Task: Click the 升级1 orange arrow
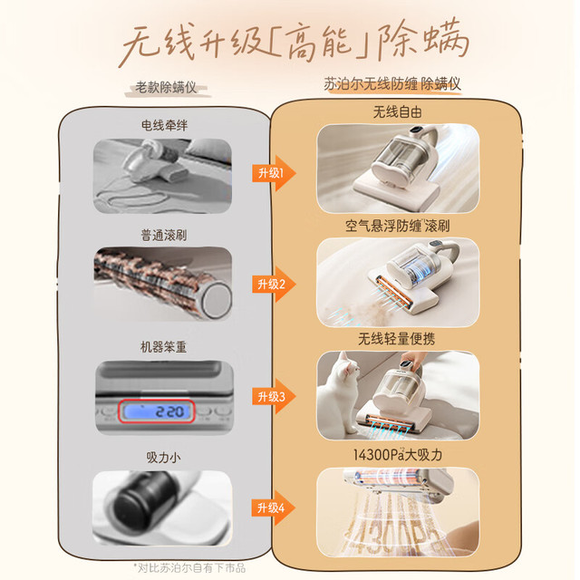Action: point(274,173)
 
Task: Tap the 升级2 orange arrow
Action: point(274,284)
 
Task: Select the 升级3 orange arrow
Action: point(274,397)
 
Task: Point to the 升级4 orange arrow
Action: point(274,507)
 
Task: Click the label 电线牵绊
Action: point(164,126)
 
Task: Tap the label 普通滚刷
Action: point(163,236)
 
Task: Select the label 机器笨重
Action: point(163,347)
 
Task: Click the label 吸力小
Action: point(163,458)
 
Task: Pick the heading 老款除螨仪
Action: point(166,88)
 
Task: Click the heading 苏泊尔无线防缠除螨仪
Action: point(392,84)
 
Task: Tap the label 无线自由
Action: point(398,112)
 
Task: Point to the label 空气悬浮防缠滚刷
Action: point(398,226)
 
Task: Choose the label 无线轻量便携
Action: point(397,339)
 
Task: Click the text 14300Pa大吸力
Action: point(398,455)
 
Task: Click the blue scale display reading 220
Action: point(157,411)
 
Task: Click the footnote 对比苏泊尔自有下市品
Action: point(189,568)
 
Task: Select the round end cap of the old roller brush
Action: point(217,300)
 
